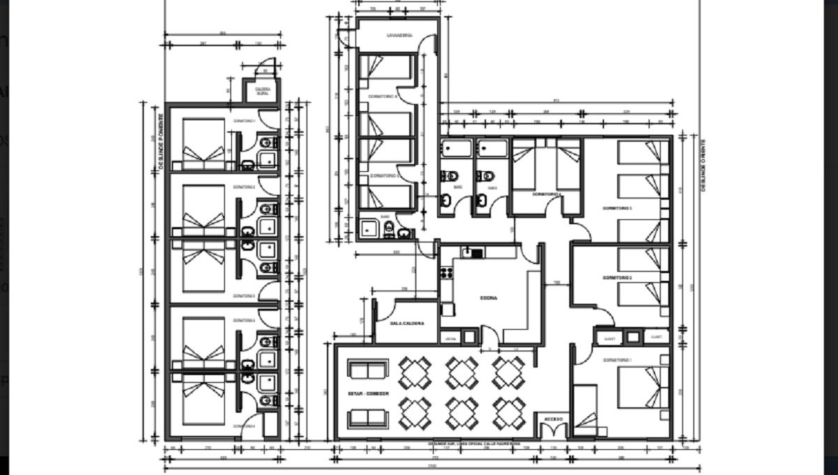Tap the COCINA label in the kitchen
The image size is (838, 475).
click(x=488, y=298)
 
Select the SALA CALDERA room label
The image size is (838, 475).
click(x=406, y=323)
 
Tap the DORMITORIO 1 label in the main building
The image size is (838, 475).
click(x=617, y=360)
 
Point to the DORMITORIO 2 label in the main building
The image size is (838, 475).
click(x=617, y=277)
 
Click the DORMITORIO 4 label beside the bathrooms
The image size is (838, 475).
click(x=545, y=193)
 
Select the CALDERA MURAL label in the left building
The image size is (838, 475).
click(x=263, y=92)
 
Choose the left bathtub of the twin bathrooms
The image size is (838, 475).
click(x=456, y=149)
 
